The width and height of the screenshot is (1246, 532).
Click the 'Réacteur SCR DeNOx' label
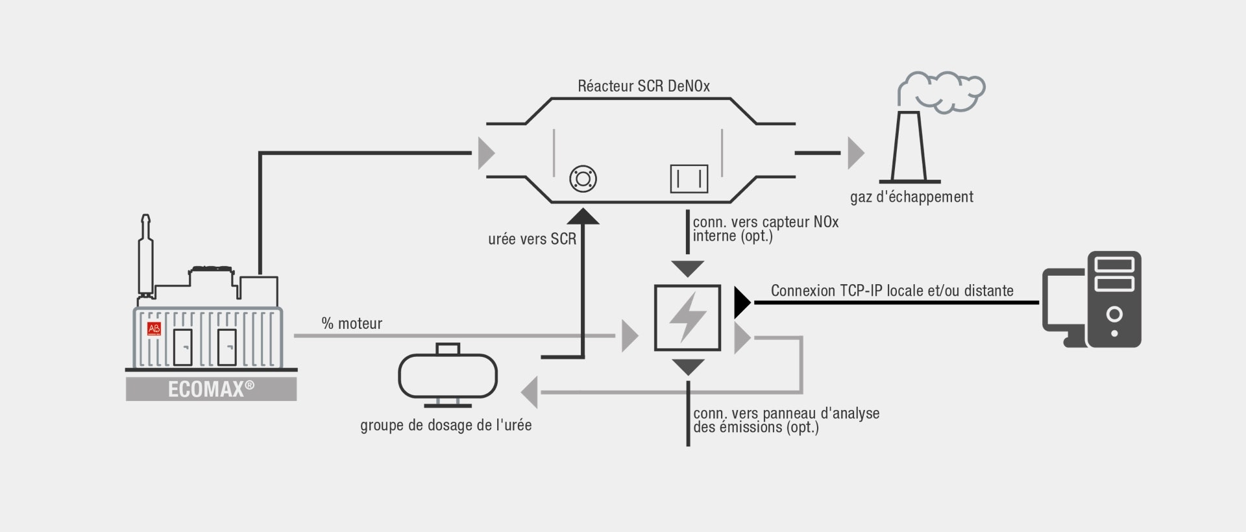[644, 86]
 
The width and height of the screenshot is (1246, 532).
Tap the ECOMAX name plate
[212, 389]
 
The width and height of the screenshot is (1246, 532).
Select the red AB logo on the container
[154, 328]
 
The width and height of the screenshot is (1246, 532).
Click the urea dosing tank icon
[448, 376]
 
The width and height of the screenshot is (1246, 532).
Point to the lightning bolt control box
[688, 318]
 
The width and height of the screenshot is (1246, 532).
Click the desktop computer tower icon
[1114, 299]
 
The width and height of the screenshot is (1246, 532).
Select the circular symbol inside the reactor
[582, 178]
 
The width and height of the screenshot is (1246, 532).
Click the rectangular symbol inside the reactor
[689, 178]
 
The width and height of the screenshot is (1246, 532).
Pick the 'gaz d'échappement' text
[912, 197]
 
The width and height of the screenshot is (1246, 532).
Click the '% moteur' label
[352, 323]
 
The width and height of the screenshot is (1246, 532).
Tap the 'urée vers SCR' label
[532, 239]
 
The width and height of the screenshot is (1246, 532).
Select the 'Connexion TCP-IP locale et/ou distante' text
[892, 291]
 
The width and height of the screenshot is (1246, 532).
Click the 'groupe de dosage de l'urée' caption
[446, 426]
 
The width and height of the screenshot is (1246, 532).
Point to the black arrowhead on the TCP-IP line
[742, 302]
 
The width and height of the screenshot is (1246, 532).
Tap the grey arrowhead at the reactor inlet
[486, 153]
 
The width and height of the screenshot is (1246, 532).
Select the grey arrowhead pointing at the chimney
[856, 153]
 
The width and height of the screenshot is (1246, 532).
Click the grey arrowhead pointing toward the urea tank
[530, 392]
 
